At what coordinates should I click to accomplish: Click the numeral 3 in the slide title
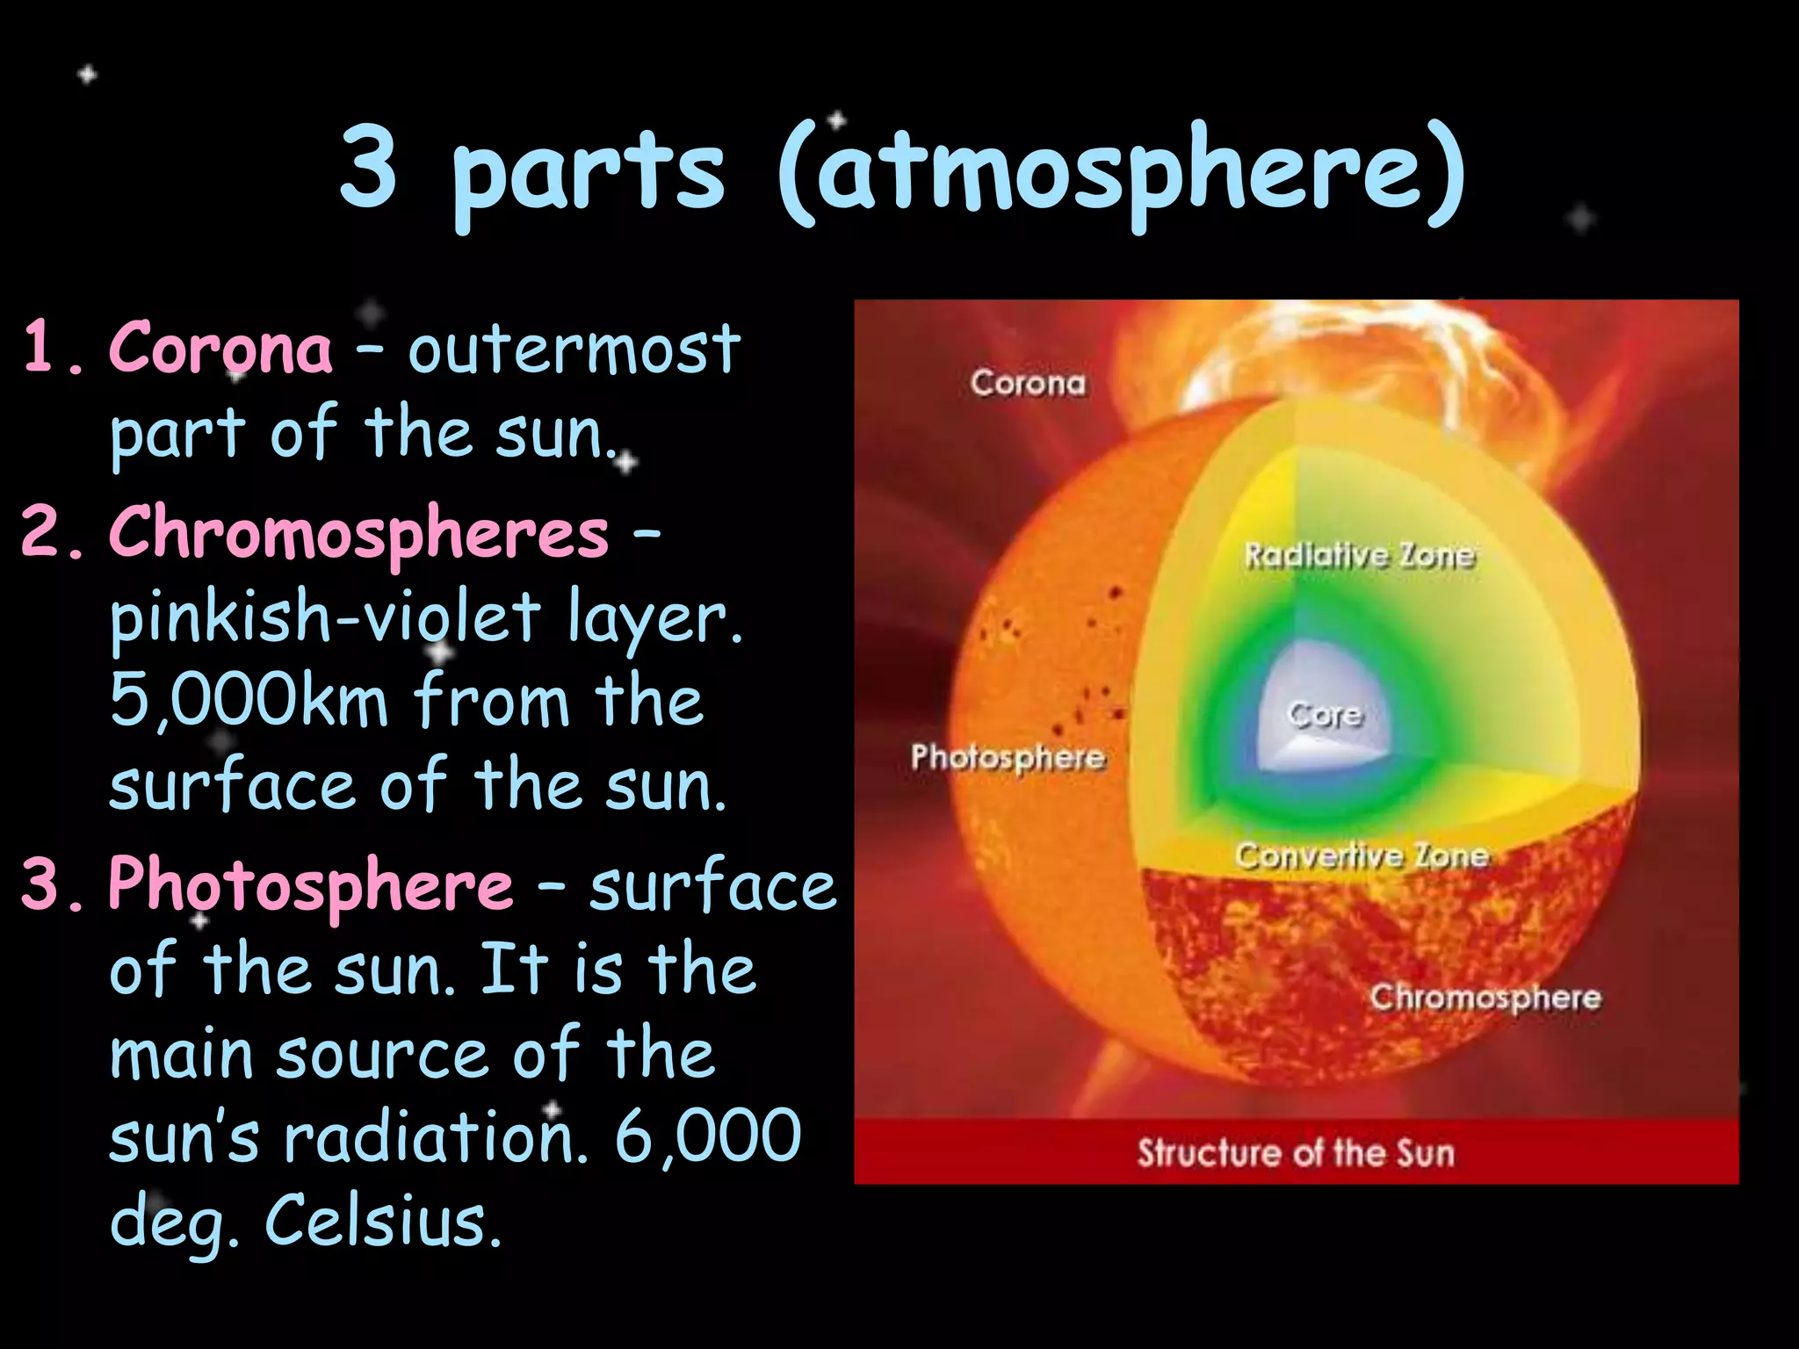[368, 167]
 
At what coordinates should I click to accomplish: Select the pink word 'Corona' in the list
[220, 349]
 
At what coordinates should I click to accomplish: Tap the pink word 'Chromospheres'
[358, 534]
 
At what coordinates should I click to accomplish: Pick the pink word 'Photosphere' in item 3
[310, 885]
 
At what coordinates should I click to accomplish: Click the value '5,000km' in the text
[249, 701]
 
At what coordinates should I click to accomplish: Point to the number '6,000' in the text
[707, 1137]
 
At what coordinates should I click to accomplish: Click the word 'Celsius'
[383, 1222]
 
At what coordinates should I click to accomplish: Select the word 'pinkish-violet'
[325, 617]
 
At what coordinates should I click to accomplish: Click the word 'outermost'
[574, 350]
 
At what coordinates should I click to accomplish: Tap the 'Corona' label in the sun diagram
[1028, 384]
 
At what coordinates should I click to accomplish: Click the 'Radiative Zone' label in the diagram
[1360, 556]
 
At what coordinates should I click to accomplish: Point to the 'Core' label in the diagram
[1325, 714]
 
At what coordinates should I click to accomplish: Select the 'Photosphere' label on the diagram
[1008, 757]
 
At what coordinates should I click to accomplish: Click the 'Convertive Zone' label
[1362, 855]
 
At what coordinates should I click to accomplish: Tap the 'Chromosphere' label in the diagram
[1485, 998]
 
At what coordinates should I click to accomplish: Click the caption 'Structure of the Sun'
[1296, 1152]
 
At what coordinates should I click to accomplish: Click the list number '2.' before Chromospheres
[53, 534]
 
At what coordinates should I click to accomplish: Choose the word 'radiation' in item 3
[435, 1137]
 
